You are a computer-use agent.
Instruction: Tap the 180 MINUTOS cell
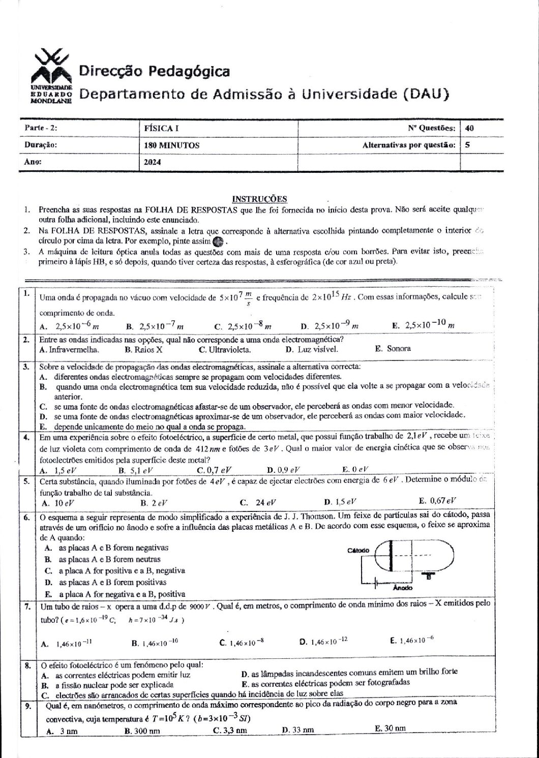pyautogui.click(x=172, y=145)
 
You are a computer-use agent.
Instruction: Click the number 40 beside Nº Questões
pyautogui.click(x=469, y=129)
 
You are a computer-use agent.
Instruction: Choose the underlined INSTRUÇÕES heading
pyautogui.click(x=259, y=199)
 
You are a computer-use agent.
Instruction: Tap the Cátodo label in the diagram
pyautogui.click(x=358, y=551)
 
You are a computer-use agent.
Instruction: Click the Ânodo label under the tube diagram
pyautogui.click(x=403, y=588)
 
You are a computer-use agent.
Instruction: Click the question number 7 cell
pyautogui.click(x=26, y=606)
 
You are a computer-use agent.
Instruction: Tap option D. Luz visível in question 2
pyautogui.click(x=311, y=349)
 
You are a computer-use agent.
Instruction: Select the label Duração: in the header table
pyautogui.click(x=41, y=145)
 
